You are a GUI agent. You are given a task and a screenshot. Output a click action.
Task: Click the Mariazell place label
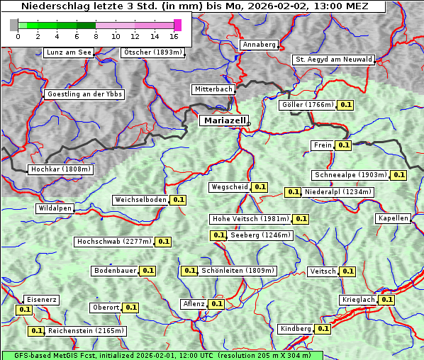tap(223, 120)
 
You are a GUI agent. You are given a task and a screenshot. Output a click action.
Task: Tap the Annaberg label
tap(259, 45)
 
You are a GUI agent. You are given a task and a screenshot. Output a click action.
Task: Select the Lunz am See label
tap(68, 52)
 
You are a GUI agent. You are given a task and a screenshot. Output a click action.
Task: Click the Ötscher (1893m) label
tap(152, 52)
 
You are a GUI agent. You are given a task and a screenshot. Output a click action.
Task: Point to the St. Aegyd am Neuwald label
tap(333, 60)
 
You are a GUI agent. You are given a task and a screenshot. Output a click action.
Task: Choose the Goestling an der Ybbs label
tap(84, 94)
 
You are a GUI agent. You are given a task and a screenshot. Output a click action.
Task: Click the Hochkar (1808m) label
tap(60, 169)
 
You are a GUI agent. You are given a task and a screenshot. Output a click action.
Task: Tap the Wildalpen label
tap(55, 208)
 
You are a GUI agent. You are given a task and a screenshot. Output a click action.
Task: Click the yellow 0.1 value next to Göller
tap(345, 105)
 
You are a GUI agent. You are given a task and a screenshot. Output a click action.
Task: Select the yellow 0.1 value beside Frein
tap(343, 145)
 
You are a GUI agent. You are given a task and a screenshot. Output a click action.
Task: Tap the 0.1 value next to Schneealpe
tap(398, 175)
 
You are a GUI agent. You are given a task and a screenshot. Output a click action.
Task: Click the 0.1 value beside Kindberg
tap(323, 329)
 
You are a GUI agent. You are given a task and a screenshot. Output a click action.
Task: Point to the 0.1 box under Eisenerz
tap(24, 310)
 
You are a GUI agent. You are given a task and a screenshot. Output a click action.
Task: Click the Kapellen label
tap(394, 218)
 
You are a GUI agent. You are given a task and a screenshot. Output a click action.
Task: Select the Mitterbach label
tap(213, 89)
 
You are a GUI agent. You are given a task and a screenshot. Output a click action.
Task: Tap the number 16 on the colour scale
tap(174, 36)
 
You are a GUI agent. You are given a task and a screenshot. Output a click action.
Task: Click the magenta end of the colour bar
tap(177, 25)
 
